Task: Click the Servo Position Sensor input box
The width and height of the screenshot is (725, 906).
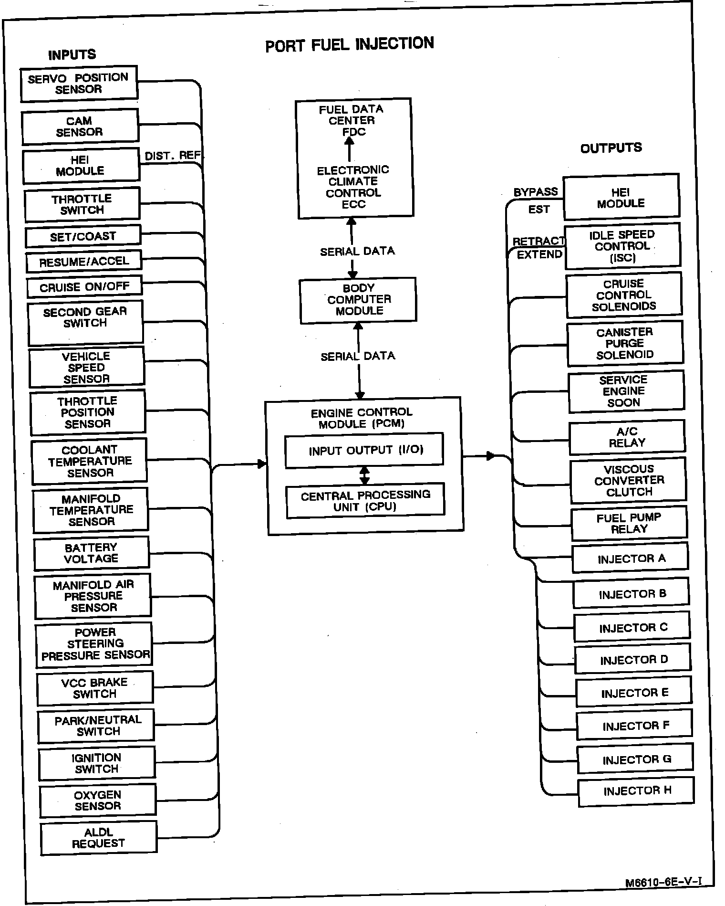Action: coord(79,84)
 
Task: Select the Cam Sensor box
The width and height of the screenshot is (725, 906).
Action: coord(80,126)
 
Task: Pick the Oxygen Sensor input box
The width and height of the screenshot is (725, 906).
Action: coord(98,801)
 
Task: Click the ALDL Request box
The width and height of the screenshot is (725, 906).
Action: coord(99,838)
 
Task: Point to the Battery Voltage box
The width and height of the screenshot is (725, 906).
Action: coord(92,553)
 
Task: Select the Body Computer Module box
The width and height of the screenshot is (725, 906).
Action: coord(358,299)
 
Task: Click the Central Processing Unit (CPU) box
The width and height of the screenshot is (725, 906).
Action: coord(365,500)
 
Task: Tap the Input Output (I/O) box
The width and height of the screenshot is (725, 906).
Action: coord(364,450)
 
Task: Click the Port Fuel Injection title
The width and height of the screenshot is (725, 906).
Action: coord(350,44)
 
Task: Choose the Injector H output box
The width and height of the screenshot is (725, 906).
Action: coord(636,791)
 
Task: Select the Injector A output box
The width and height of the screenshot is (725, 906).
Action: coord(631,558)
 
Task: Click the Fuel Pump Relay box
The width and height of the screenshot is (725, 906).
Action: coord(629,523)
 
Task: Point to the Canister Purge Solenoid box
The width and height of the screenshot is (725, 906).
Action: coord(625,343)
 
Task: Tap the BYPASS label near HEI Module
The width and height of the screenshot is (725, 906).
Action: coord(535,192)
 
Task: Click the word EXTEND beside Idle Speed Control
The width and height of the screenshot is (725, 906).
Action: coord(539,254)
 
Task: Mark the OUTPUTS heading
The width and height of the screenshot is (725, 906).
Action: coord(611,148)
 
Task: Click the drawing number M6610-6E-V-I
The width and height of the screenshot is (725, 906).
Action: coord(663,882)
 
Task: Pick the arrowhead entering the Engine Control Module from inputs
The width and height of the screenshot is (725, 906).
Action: coord(261,464)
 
